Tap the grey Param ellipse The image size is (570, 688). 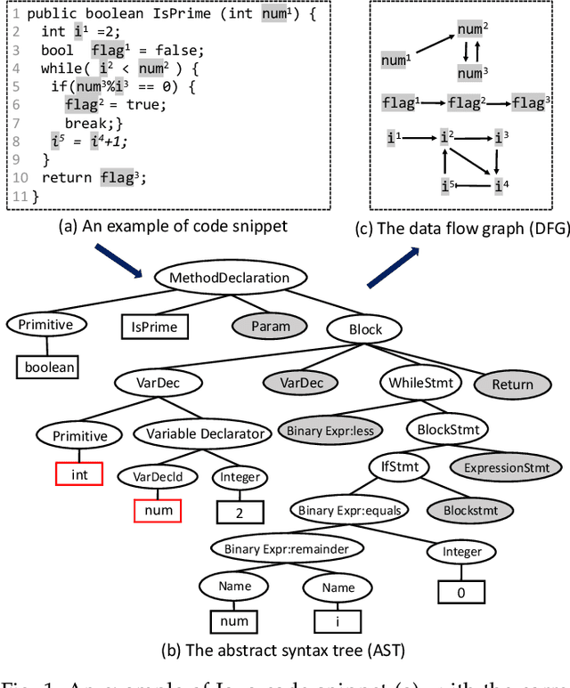(270, 326)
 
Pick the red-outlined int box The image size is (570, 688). (79, 474)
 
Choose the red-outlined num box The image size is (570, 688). (157, 511)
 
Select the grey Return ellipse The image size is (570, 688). (512, 384)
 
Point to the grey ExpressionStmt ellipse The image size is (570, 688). (507, 467)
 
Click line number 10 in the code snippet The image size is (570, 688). (20, 177)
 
